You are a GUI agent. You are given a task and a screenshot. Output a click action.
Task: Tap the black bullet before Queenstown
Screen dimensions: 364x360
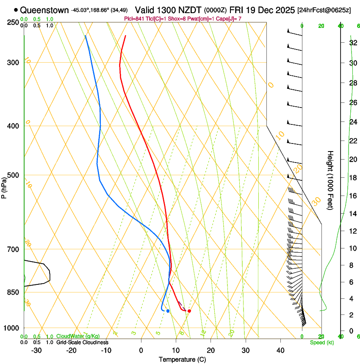(x=16, y=10)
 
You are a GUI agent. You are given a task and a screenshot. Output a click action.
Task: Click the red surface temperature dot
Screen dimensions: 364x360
(x=189, y=311)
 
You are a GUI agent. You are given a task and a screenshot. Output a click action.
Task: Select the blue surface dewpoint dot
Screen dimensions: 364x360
(x=168, y=311)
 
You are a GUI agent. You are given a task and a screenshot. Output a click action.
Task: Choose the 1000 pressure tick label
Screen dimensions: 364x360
(x=14, y=328)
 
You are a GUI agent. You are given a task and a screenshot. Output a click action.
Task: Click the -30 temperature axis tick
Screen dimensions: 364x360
(x=36, y=350)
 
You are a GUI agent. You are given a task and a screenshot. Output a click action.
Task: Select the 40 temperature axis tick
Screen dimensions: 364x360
(x=280, y=350)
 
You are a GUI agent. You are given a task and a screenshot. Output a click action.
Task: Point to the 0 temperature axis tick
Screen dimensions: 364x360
(x=141, y=350)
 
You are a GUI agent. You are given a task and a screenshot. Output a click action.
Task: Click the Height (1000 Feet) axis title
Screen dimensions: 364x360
(x=331, y=180)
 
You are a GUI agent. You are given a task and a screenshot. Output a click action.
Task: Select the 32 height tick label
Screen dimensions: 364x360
(x=352, y=43)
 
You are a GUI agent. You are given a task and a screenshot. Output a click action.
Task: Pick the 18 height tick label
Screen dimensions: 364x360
(x=352, y=178)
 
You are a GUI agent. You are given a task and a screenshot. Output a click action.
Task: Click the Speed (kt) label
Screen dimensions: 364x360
(x=322, y=342)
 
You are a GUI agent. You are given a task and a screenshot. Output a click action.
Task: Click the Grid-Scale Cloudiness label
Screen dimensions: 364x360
(x=82, y=342)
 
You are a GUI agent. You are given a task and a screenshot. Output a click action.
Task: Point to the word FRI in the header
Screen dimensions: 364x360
(x=238, y=9)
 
